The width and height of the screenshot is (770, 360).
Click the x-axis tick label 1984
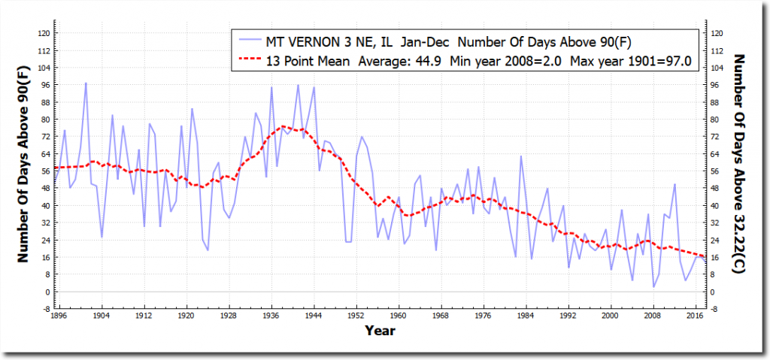pos(526,317)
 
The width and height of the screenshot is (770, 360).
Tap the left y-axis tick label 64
pos(45,154)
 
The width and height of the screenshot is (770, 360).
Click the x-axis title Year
pos(380,331)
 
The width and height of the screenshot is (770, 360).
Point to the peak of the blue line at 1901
pos(86,83)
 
